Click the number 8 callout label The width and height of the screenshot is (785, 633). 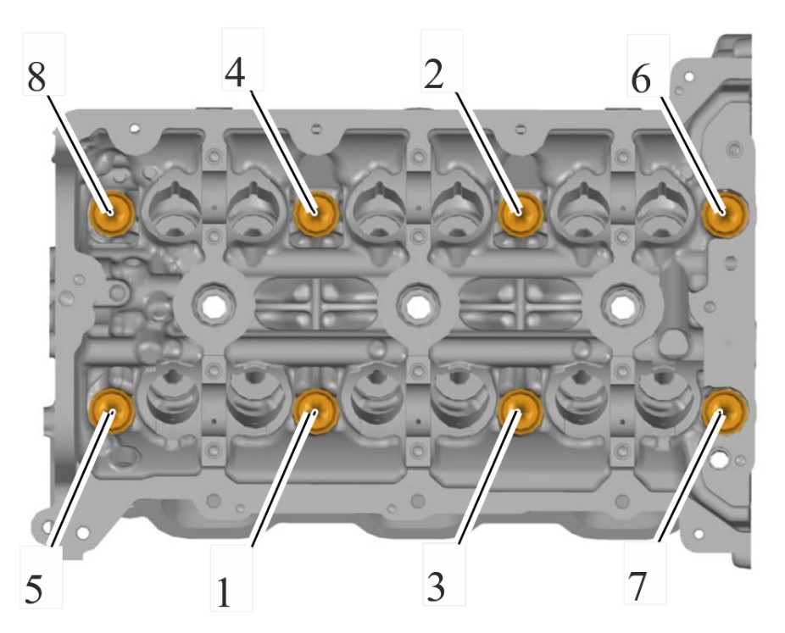(36, 77)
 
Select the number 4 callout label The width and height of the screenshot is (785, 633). (235, 73)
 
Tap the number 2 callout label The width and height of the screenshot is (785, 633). (433, 74)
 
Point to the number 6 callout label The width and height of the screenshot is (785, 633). (640, 79)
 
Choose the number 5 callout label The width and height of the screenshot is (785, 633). (34, 588)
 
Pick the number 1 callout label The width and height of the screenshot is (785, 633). (223, 592)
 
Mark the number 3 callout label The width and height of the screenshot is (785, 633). (436, 586)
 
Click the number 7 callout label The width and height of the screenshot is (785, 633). (637, 586)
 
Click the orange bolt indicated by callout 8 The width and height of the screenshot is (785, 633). (111, 214)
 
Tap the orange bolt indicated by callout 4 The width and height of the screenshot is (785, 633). (316, 214)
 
